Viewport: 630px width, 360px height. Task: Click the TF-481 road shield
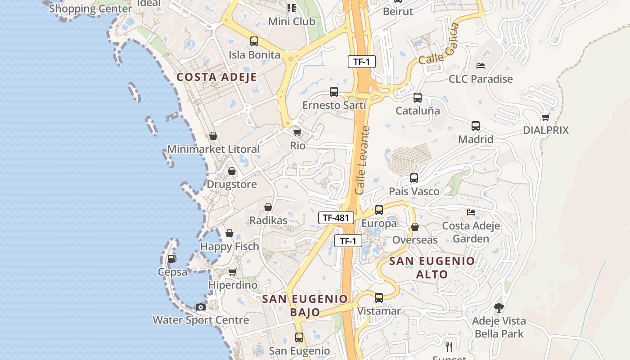[x=336, y=218]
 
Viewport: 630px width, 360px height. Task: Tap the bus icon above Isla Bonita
[x=254, y=41]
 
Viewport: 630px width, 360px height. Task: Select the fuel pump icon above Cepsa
[x=172, y=259]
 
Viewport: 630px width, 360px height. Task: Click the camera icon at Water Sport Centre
[x=201, y=307]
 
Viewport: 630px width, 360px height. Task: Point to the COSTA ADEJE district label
[x=216, y=77]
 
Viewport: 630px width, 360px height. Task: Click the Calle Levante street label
[x=362, y=160]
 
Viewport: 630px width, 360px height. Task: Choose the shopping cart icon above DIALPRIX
[x=545, y=117]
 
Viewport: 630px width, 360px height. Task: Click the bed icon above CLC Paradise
[x=481, y=66]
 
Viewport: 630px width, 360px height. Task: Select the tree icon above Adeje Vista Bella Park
[x=499, y=308]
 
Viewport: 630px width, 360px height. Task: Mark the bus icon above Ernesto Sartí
[x=334, y=92]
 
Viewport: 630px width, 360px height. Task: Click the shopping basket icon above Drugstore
[x=231, y=171]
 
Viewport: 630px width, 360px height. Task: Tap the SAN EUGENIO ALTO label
[x=432, y=267]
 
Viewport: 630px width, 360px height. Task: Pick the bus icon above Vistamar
[x=379, y=298]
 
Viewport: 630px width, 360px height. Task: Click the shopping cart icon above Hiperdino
[x=232, y=272]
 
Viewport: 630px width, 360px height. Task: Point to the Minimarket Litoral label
[x=213, y=149]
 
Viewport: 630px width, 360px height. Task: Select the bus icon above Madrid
[x=476, y=126]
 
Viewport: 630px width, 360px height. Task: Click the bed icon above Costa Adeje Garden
[x=471, y=212]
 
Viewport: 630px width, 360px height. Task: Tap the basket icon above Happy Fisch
[x=229, y=233]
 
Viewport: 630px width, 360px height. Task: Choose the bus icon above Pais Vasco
[x=414, y=178]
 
